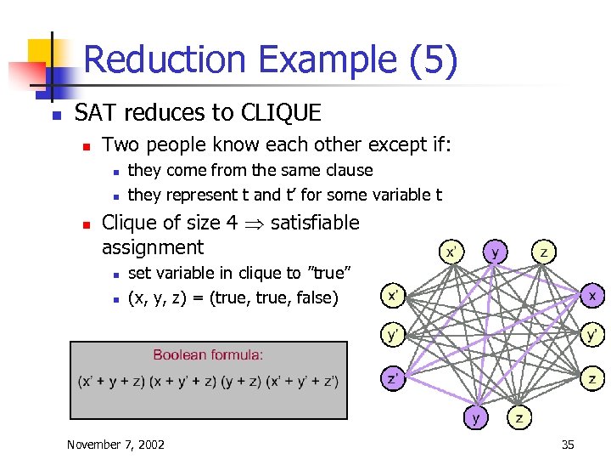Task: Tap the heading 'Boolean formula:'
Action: [x=208, y=354]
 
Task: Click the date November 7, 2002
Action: [x=115, y=444]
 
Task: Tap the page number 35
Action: [x=568, y=444]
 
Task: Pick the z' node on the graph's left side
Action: [x=391, y=378]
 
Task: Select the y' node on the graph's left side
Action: [x=391, y=335]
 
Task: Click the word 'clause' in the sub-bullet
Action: [x=350, y=170]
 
